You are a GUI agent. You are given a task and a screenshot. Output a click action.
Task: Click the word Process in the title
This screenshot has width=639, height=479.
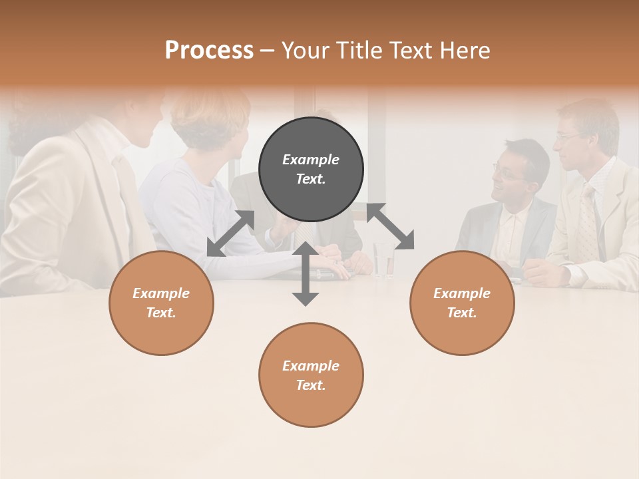(209, 51)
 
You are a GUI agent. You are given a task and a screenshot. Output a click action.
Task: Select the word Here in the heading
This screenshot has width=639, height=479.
(465, 51)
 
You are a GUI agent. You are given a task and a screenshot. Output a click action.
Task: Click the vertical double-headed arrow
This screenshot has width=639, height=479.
(306, 273)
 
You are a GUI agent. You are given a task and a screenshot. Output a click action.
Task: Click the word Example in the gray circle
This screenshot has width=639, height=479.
(311, 160)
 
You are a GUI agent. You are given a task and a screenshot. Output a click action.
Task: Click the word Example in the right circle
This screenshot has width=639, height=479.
(462, 293)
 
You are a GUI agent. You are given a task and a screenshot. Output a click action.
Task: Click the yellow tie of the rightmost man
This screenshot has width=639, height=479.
(588, 226)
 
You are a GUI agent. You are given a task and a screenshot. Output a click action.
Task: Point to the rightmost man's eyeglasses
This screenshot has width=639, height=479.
(568, 136)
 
